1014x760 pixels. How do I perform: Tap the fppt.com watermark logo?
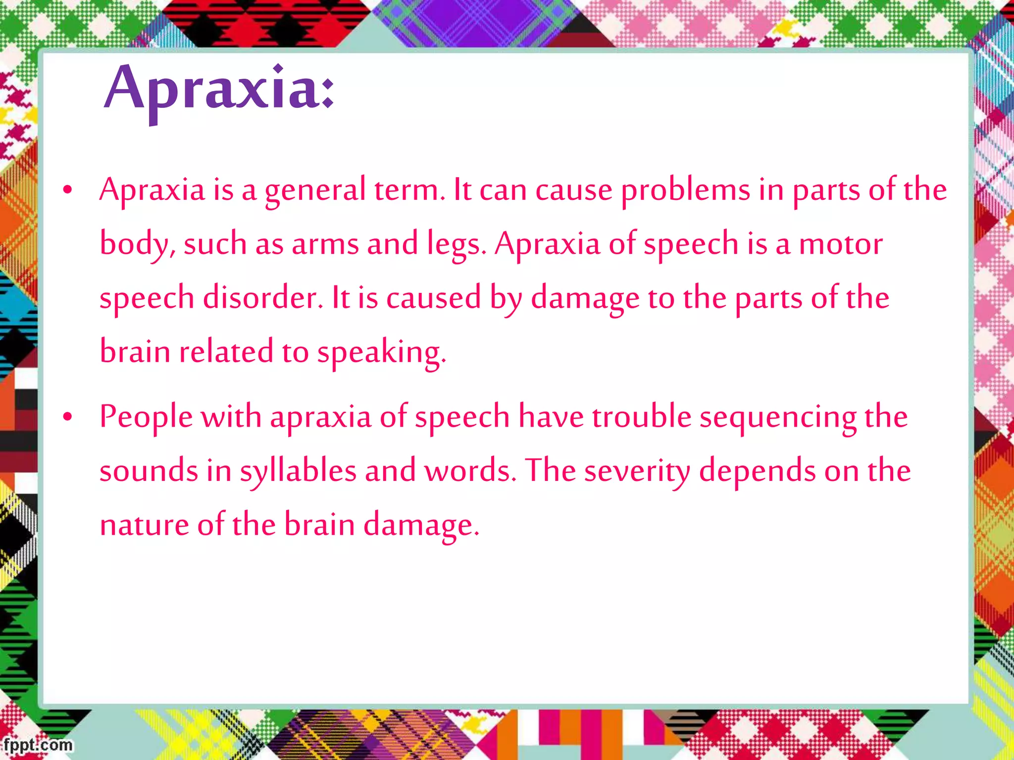[38, 745]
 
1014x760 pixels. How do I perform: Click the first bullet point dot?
[68, 190]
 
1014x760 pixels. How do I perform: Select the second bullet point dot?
[68, 417]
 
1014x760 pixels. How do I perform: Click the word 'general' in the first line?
[315, 190]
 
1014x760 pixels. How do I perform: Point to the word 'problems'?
[685, 190]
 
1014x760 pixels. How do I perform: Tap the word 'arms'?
[325, 244]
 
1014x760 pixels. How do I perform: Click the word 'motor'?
[841, 244]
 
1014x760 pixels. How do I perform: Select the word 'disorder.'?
[263, 298]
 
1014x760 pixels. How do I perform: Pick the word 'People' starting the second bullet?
[146, 417]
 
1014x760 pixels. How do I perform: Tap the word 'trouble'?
[641, 417]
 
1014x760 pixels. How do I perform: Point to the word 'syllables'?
[298, 471]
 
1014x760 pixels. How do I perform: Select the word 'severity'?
[637, 471]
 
